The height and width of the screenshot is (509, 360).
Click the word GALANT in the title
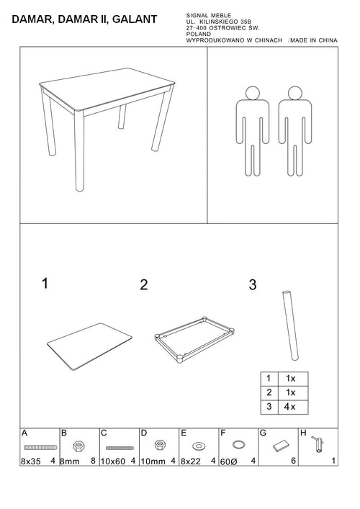(x=135, y=19)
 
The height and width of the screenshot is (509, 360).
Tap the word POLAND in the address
(x=198, y=34)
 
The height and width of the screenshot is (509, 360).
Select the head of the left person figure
(x=253, y=93)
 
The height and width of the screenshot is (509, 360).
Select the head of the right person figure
(x=294, y=93)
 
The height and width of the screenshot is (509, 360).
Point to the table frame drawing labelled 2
(x=195, y=339)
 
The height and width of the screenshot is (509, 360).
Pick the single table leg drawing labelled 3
(x=290, y=325)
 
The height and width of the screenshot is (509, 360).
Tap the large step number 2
(x=144, y=284)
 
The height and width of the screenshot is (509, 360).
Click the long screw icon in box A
(x=40, y=447)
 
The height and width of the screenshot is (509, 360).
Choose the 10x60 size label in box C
(x=112, y=461)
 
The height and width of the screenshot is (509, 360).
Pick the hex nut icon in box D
(x=159, y=444)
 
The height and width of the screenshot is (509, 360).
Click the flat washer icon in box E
(x=198, y=446)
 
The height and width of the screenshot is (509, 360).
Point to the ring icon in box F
(x=238, y=444)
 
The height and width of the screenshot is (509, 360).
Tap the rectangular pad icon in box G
(x=281, y=446)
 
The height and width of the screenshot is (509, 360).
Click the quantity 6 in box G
(x=294, y=461)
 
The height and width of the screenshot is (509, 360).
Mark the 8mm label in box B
(x=69, y=461)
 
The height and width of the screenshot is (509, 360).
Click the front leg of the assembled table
(x=79, y=150)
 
